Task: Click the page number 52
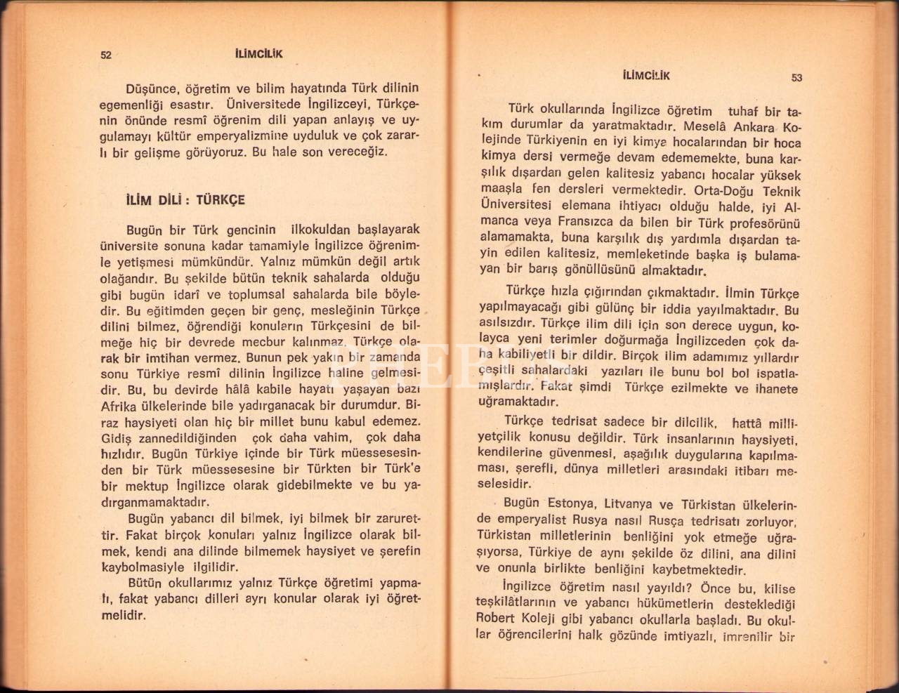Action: tap(107, 55)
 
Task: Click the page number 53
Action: tap(796, 78)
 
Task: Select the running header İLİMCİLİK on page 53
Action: tap(646, 75)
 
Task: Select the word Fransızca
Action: tap(589, 223)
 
